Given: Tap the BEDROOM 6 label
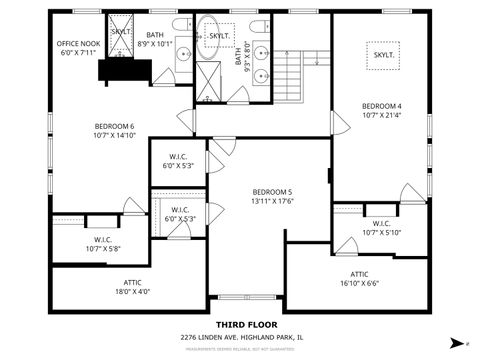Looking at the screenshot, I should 115,130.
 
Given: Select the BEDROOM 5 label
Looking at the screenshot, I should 271,196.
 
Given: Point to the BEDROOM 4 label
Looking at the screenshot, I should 381,111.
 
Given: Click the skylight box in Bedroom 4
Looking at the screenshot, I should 383,55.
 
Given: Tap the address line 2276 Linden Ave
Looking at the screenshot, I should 240,337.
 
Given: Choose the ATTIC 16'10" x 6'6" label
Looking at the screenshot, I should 359,278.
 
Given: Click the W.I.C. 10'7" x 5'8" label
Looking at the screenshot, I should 103,244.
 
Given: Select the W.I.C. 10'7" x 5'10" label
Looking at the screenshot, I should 381,227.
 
